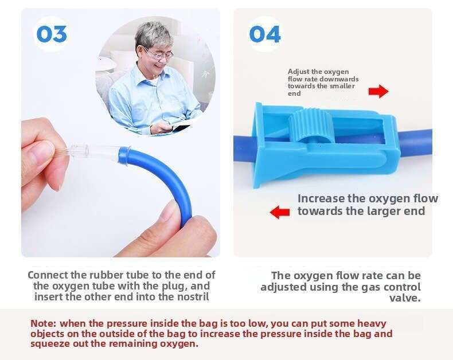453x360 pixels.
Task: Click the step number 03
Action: (x=52, y=34)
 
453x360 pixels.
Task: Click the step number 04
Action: (x=265, y=34)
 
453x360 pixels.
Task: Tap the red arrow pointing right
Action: (x=378, y=91)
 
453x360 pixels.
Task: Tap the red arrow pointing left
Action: (x=280, y=212)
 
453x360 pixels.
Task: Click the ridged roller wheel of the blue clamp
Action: (x=311, y=126)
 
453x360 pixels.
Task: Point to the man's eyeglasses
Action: (x=159, y=54)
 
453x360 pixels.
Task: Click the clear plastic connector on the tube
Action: (x=94, y=151)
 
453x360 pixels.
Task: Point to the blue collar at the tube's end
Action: (x=124, y=157)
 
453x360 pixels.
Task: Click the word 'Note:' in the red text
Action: (x=44, y=323)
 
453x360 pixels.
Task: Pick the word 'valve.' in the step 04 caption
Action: (x=405, y=298)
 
